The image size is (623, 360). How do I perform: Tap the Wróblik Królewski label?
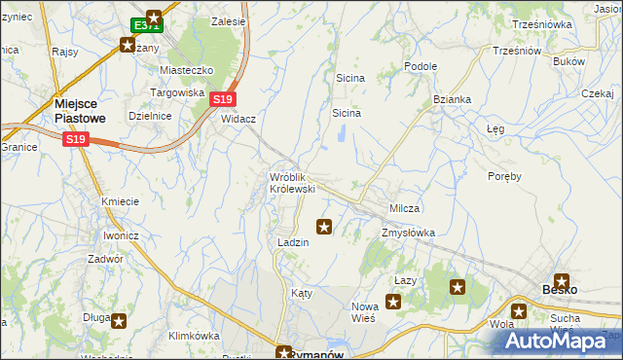click(292, 182)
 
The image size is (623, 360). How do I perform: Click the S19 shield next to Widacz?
click(224, 99)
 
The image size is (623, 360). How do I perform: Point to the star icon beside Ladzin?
click(324, 227)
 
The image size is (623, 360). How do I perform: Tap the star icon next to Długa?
click(118, 320)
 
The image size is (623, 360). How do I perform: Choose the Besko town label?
click(560, 289)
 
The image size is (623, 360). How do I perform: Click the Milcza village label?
click(404, 209)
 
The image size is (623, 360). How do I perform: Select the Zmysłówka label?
click(408, 234)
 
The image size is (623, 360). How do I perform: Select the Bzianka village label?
click(453, 99)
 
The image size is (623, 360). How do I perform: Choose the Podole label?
click(421, 66)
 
